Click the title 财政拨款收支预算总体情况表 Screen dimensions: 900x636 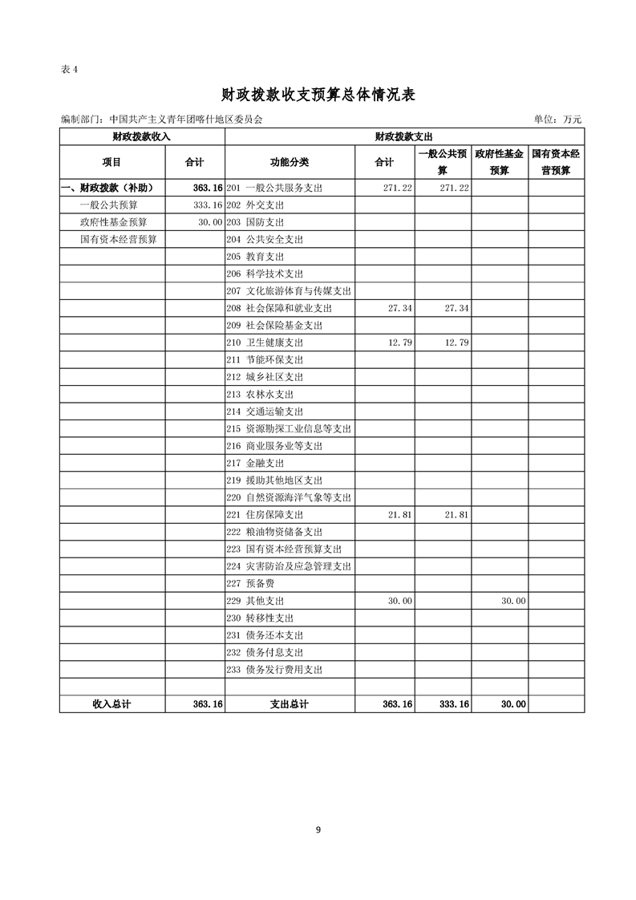318,95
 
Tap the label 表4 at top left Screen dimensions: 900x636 69,69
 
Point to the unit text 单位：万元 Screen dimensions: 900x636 557,120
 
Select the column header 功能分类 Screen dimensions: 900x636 290,162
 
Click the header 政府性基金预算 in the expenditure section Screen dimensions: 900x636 499,161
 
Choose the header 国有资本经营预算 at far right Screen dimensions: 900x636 556,161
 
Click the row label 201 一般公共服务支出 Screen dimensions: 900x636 274,188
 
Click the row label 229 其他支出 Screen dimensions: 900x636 260,601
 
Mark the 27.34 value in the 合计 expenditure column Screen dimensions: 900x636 399,308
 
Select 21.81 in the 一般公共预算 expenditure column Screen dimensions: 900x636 456,515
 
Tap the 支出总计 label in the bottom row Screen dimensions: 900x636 290,704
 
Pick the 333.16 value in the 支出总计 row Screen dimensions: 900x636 454,704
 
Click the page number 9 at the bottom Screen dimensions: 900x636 318,829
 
